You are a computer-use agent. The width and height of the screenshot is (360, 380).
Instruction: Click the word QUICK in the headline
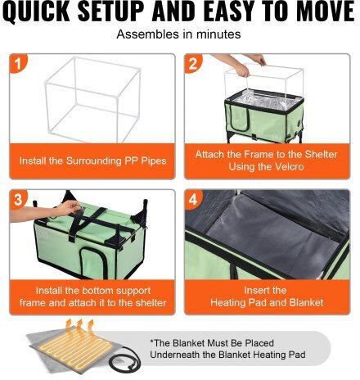38,11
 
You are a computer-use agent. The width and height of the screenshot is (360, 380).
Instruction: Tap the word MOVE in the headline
326,11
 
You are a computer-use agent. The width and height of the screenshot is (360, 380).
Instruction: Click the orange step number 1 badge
18,64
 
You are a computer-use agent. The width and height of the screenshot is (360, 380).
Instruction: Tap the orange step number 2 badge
193,64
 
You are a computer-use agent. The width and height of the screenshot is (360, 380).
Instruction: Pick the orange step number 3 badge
18,199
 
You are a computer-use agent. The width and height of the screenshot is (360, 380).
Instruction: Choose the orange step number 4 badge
193,199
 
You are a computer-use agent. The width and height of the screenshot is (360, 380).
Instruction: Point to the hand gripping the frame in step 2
242,70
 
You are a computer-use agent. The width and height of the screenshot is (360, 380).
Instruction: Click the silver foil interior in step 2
263,99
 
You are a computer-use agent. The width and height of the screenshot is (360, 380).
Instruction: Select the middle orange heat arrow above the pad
80,328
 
